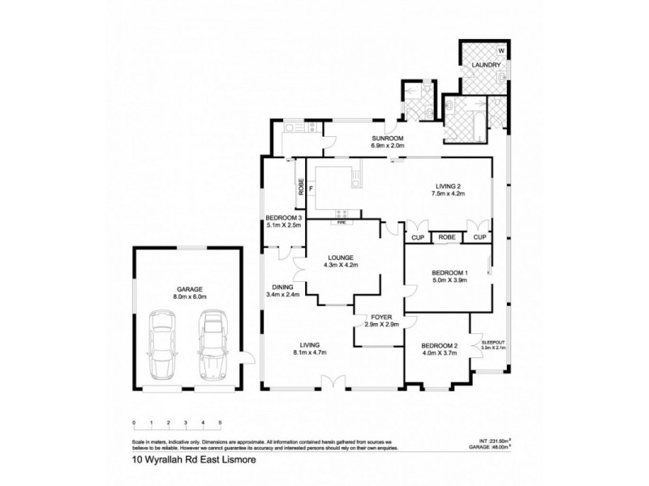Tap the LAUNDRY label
click(x=475, y=64)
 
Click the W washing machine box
click(x=501, y=51)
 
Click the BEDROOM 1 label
click(x=447, y=272)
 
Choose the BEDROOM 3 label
click(x=283, y=217)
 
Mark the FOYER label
click(x=381, y=318)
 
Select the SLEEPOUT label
click(x=493, y=343)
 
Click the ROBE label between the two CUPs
click(x=445, y=237)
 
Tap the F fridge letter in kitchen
click(x=311, y=189)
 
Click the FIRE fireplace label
click(x=342, y=220)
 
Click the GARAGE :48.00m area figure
click(x=491, y=445)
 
